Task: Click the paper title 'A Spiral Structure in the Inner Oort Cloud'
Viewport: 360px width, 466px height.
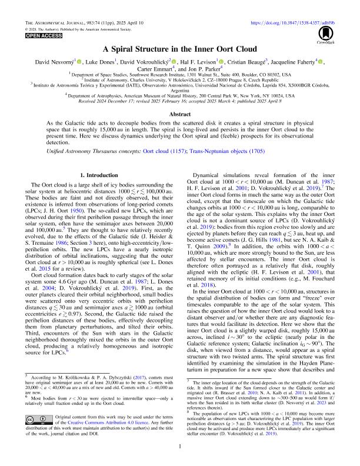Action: tap(180, 50)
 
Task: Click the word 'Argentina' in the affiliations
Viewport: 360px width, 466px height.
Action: tap(180, 92)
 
